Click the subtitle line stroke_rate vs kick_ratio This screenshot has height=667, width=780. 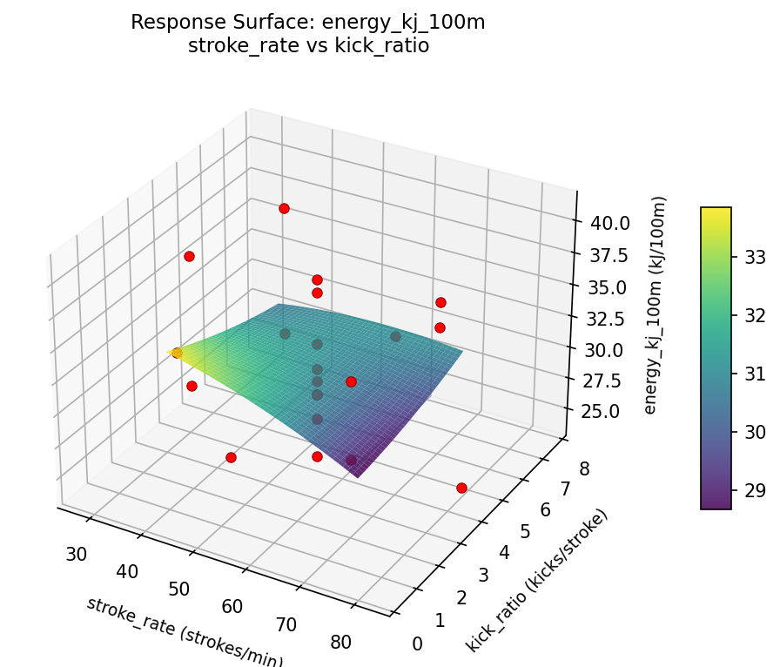point(308,46)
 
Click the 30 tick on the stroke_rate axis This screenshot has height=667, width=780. point(77,554)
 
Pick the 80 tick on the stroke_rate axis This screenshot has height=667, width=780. point(341,643)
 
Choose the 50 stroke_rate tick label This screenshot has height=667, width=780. point(178,589)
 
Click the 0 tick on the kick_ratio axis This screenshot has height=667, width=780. point(417,643)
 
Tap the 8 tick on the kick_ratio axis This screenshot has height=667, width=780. point(583,469)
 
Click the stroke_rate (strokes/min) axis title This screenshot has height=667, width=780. point(184,631)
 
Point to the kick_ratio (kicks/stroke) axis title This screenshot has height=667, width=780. point(536,580)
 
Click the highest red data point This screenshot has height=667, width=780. point(284,208)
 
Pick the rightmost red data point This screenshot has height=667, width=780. point(461,488)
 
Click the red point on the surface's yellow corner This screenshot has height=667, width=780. point(177,353)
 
